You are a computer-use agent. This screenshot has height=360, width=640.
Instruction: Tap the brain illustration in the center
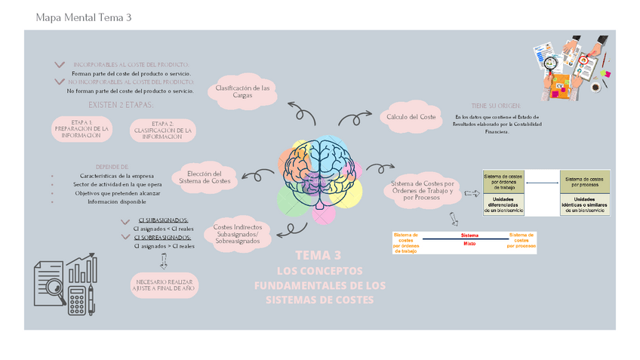pos(322,170)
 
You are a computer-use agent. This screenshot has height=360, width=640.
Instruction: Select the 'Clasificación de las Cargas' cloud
pos(242,92)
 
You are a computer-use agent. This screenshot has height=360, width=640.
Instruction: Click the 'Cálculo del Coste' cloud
pos(411,117)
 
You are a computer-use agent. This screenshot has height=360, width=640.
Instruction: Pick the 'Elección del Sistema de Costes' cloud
pos(209,178)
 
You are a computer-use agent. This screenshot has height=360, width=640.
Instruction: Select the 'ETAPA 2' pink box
pos(162,131)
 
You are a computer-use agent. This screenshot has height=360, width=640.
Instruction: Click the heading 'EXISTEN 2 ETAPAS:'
pos(121,105)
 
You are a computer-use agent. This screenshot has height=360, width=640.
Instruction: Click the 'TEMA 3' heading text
pos(318,256)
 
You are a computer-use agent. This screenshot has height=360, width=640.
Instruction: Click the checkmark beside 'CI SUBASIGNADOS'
pos(126,221)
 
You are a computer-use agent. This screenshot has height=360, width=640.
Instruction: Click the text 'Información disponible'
pos(116,202)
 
